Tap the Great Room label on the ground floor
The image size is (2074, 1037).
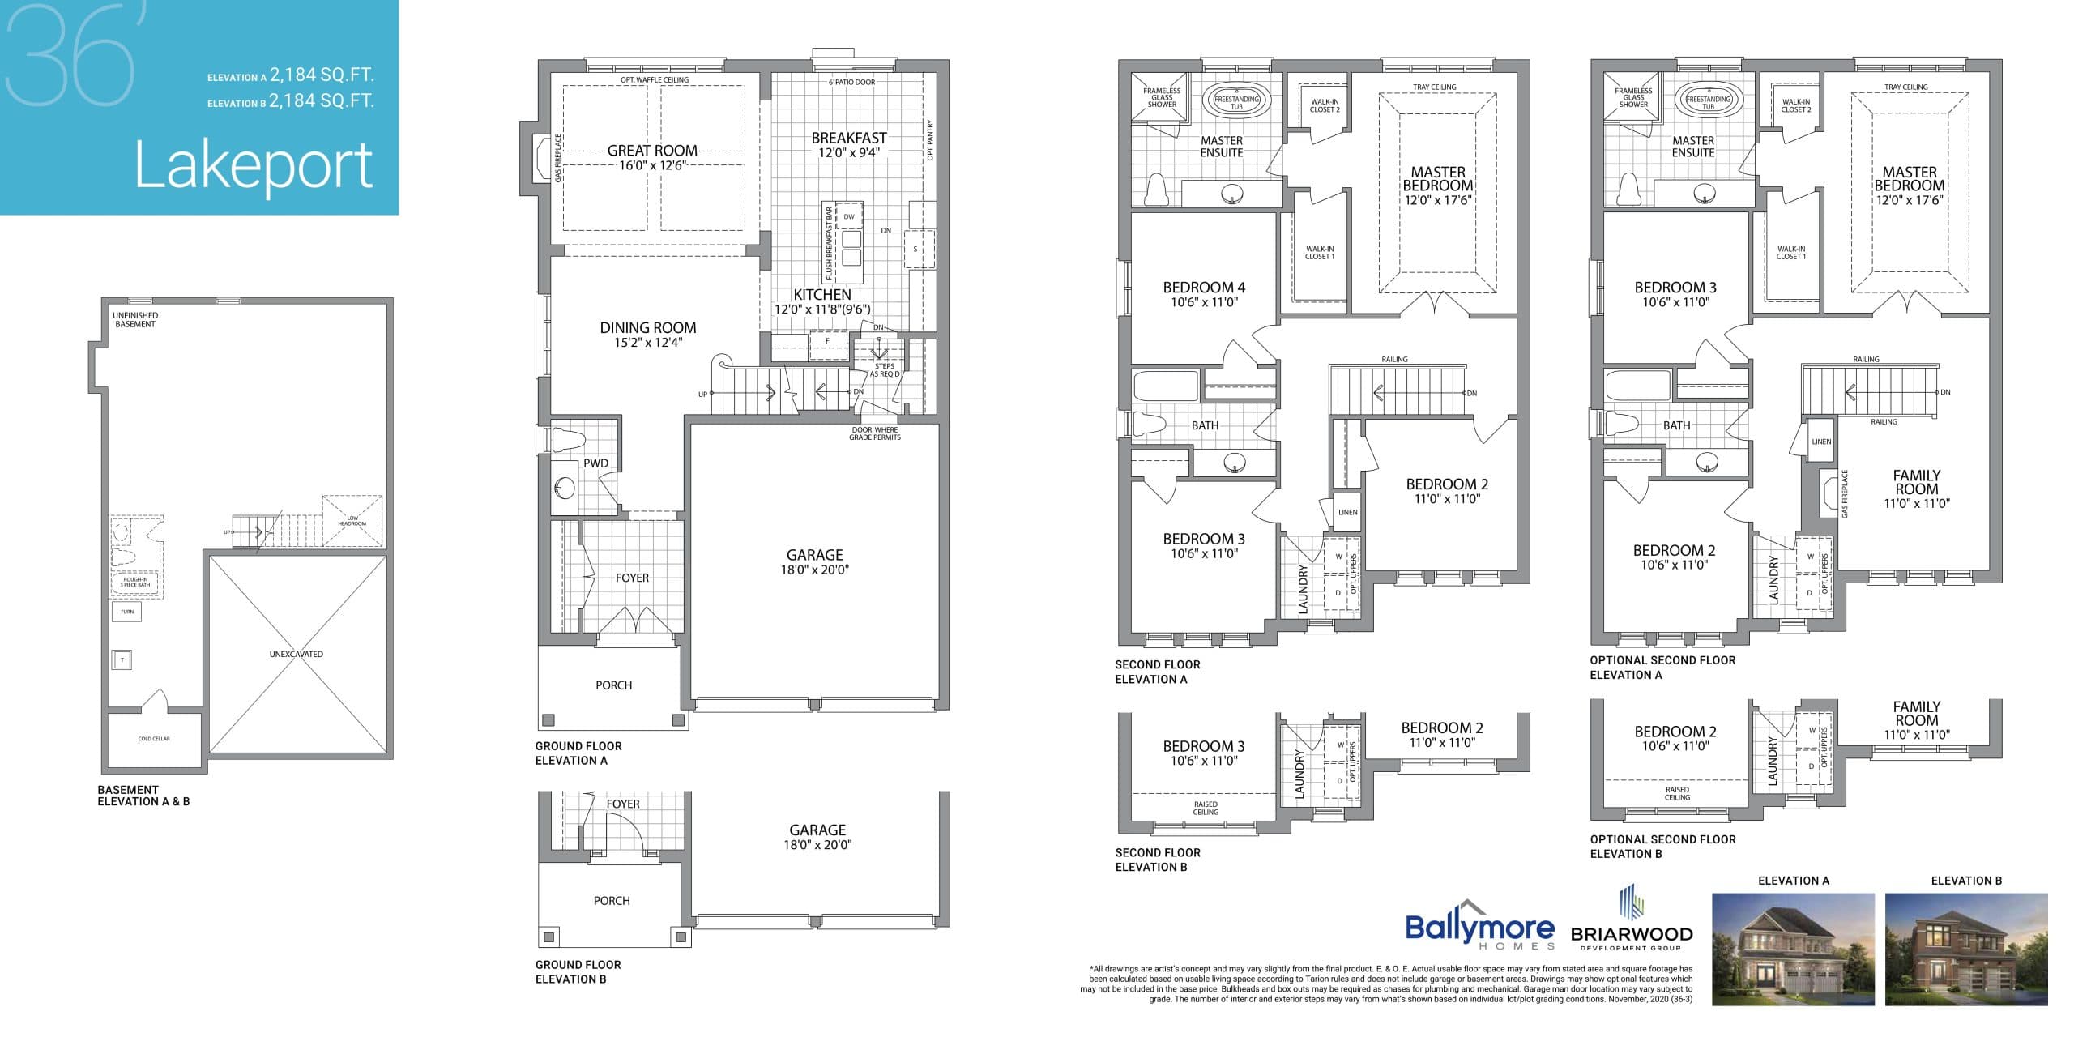[652, 151]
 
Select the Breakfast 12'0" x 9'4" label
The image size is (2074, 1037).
[849, 145]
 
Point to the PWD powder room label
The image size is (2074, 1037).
[595, 463]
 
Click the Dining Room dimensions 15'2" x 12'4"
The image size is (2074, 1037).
[648, 343]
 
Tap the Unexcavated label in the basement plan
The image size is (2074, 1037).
[297, 654]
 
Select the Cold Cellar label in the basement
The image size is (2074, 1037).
[154, 739]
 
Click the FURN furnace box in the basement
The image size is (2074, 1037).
[126, 612]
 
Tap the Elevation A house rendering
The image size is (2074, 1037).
[1792, 949]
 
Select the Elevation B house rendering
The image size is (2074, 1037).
[1965, 949]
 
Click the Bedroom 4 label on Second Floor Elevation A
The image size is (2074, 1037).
[1204, 288]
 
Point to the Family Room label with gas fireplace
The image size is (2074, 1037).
[1916, 483]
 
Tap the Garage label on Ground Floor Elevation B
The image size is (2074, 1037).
[817, 830]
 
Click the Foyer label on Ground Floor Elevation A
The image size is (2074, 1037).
[632, 578]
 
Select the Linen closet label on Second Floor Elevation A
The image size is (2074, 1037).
[1347, 512]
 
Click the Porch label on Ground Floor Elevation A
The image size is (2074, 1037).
[613, 685]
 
